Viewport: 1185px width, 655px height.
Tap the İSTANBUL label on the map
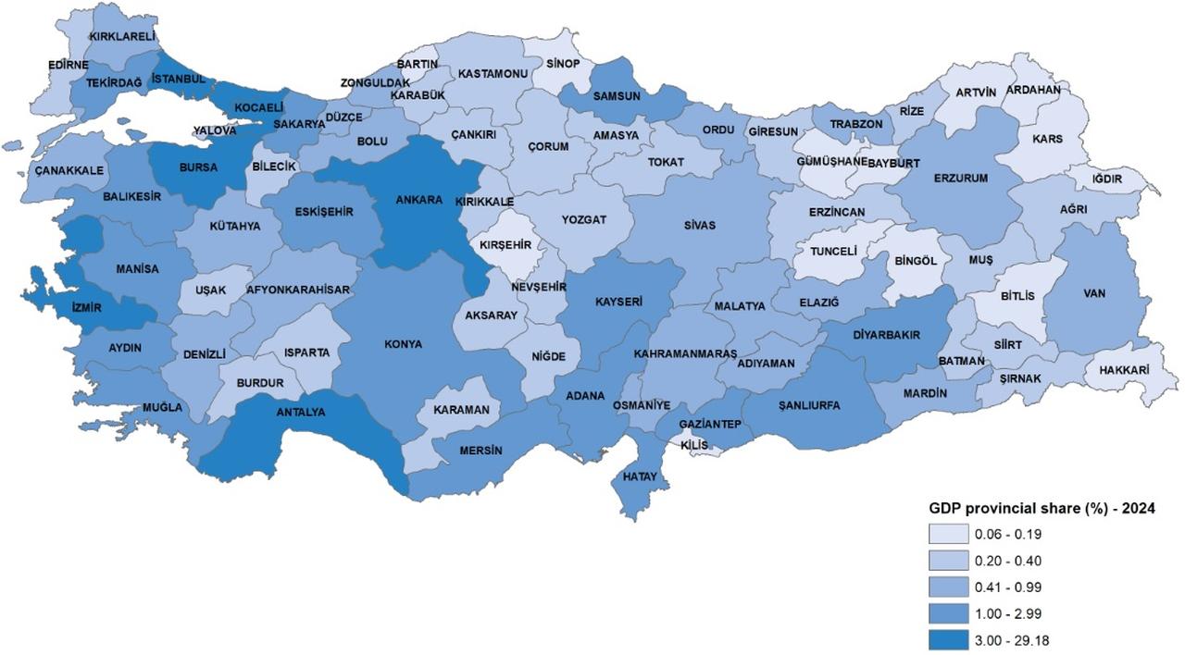pos(180,79)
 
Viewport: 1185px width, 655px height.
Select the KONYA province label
pos(403,344)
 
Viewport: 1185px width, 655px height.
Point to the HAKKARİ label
pos(1124,370)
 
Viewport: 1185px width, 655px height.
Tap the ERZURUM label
pos(961,178)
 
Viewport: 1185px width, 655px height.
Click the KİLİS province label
pos(693,445)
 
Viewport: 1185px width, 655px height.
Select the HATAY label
pos(640,477)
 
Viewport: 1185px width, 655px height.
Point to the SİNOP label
pos(563,64)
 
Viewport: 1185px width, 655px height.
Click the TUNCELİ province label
pos(834,251)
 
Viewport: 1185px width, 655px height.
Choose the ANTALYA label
pos(301,412)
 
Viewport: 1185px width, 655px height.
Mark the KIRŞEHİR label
pos(505,244)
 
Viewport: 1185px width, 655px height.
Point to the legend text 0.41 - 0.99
pos(1007,587)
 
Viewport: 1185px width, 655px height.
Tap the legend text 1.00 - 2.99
pos(1007,613)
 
